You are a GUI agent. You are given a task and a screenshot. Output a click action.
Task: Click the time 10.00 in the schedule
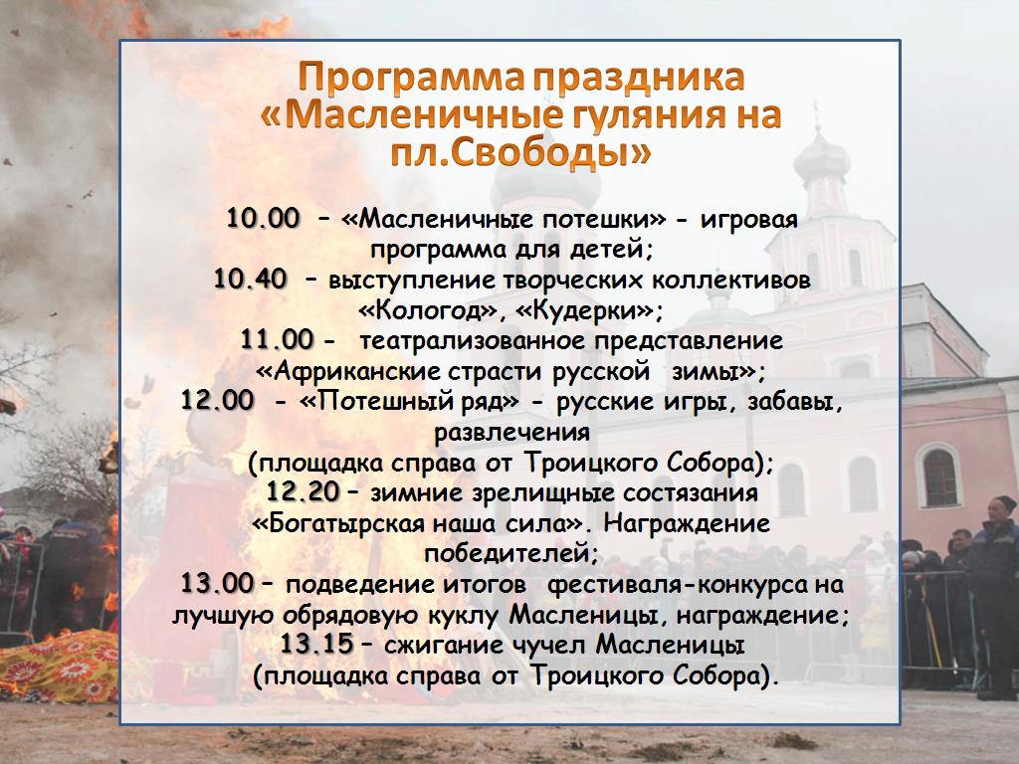pyautogui.click(x=263, y=218)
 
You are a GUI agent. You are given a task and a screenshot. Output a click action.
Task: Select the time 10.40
pyautogui.click(x=250, y=280)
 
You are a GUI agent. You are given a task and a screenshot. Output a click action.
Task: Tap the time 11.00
pyautogui.click(x=278, y=340)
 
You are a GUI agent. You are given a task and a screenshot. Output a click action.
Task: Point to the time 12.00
pyautogui.click(x=217, y=400)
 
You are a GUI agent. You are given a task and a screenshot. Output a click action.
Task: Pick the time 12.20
pyautogui.click(x=303, y=492)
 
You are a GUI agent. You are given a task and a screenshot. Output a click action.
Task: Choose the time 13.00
pyautogui.click(x=217, y=583)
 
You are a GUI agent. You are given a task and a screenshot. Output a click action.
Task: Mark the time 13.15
pyautogui.click(x=316, y=645)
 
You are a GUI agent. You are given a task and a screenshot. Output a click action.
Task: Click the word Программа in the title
pyautogui.click(x=411, y=78)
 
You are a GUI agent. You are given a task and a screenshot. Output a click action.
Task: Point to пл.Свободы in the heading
pyautogui.click(x=520, y=152)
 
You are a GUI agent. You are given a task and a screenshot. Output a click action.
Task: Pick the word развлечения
pyautogui.click(x=512, y=432)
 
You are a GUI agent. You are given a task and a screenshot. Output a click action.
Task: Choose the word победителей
pyautogui.click(x=510, y=554)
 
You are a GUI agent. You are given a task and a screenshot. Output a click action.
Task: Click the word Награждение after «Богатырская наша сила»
pyautogui.click(x=687, y=523)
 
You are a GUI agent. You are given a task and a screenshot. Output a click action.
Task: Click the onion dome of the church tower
pyautogui.click(x=821, y=156)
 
